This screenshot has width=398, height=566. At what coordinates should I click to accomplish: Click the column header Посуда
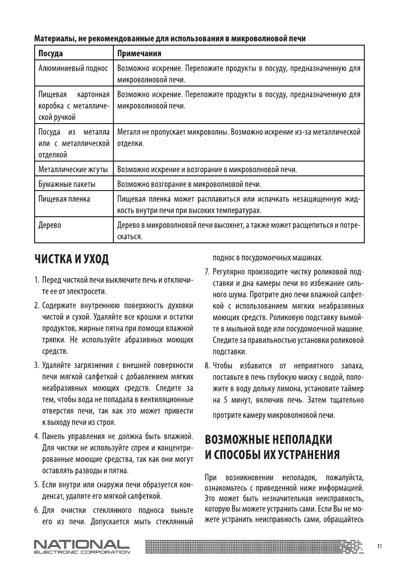50,53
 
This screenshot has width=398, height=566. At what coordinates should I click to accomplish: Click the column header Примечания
139,53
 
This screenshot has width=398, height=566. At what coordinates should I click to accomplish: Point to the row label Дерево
49,225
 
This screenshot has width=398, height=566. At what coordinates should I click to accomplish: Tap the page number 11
379,547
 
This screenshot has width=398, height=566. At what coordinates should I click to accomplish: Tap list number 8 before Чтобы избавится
207,365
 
